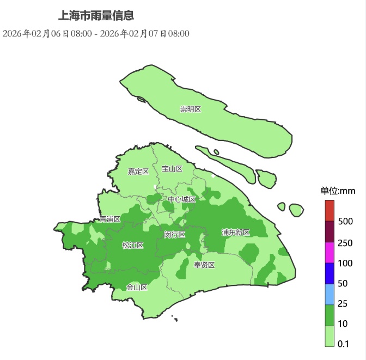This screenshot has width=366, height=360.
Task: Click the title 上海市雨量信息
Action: tap(96, 16)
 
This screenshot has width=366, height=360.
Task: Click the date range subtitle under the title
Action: tap(96, 34)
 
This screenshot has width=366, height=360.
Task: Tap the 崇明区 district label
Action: tap(191, 109)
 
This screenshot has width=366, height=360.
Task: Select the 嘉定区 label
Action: tap(138, 172)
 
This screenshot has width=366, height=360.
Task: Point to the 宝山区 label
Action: tap(172, 169)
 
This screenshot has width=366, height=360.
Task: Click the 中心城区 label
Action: tap(181, 199)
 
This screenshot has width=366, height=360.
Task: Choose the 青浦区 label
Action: tap(110, 219)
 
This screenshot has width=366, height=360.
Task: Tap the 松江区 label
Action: tap(132, 245)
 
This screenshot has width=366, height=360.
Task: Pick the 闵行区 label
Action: tap(175, 235)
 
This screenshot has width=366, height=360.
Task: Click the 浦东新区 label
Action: tap(235, 233)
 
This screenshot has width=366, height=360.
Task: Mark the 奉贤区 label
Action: tap(204, 265)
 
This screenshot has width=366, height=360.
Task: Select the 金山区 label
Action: tap(137, 287)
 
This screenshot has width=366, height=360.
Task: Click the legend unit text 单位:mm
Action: tap(338, 191)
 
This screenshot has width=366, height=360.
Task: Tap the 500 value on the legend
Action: tap(345, 222)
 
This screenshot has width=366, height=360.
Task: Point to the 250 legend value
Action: tap(345, 243)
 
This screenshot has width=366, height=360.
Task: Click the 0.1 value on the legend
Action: tap(343, 344)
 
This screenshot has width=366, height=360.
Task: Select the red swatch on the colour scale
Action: tap(329, 210)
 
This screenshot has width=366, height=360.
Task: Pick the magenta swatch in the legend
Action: tap(329, 252)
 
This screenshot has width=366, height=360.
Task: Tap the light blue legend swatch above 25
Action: tap(329, 294)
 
